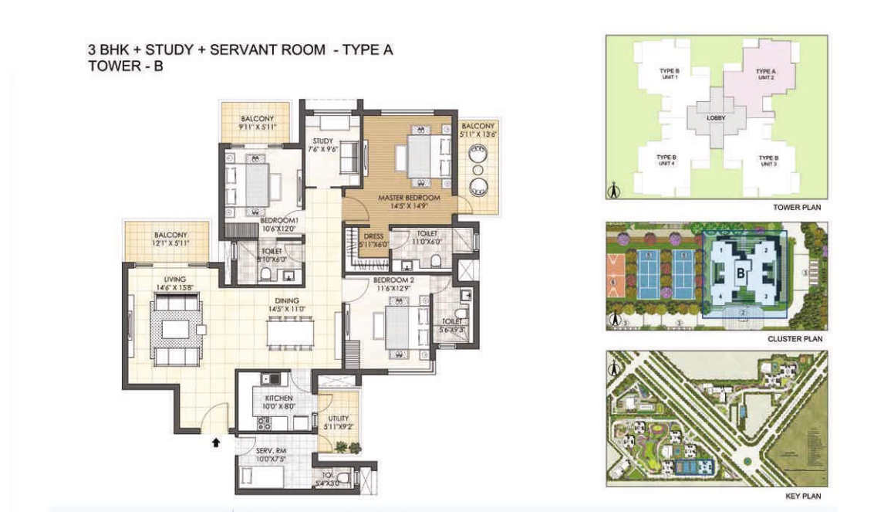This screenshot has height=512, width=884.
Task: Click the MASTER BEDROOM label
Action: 408,198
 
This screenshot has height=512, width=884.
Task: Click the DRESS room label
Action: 363,238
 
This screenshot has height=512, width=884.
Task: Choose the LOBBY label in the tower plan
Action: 717,118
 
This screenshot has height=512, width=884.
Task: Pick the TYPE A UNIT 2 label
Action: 765,74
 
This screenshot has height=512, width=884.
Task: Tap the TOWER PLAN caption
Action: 796,208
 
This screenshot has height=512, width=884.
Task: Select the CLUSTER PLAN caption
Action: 794,338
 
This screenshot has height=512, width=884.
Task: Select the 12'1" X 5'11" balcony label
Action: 167,239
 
